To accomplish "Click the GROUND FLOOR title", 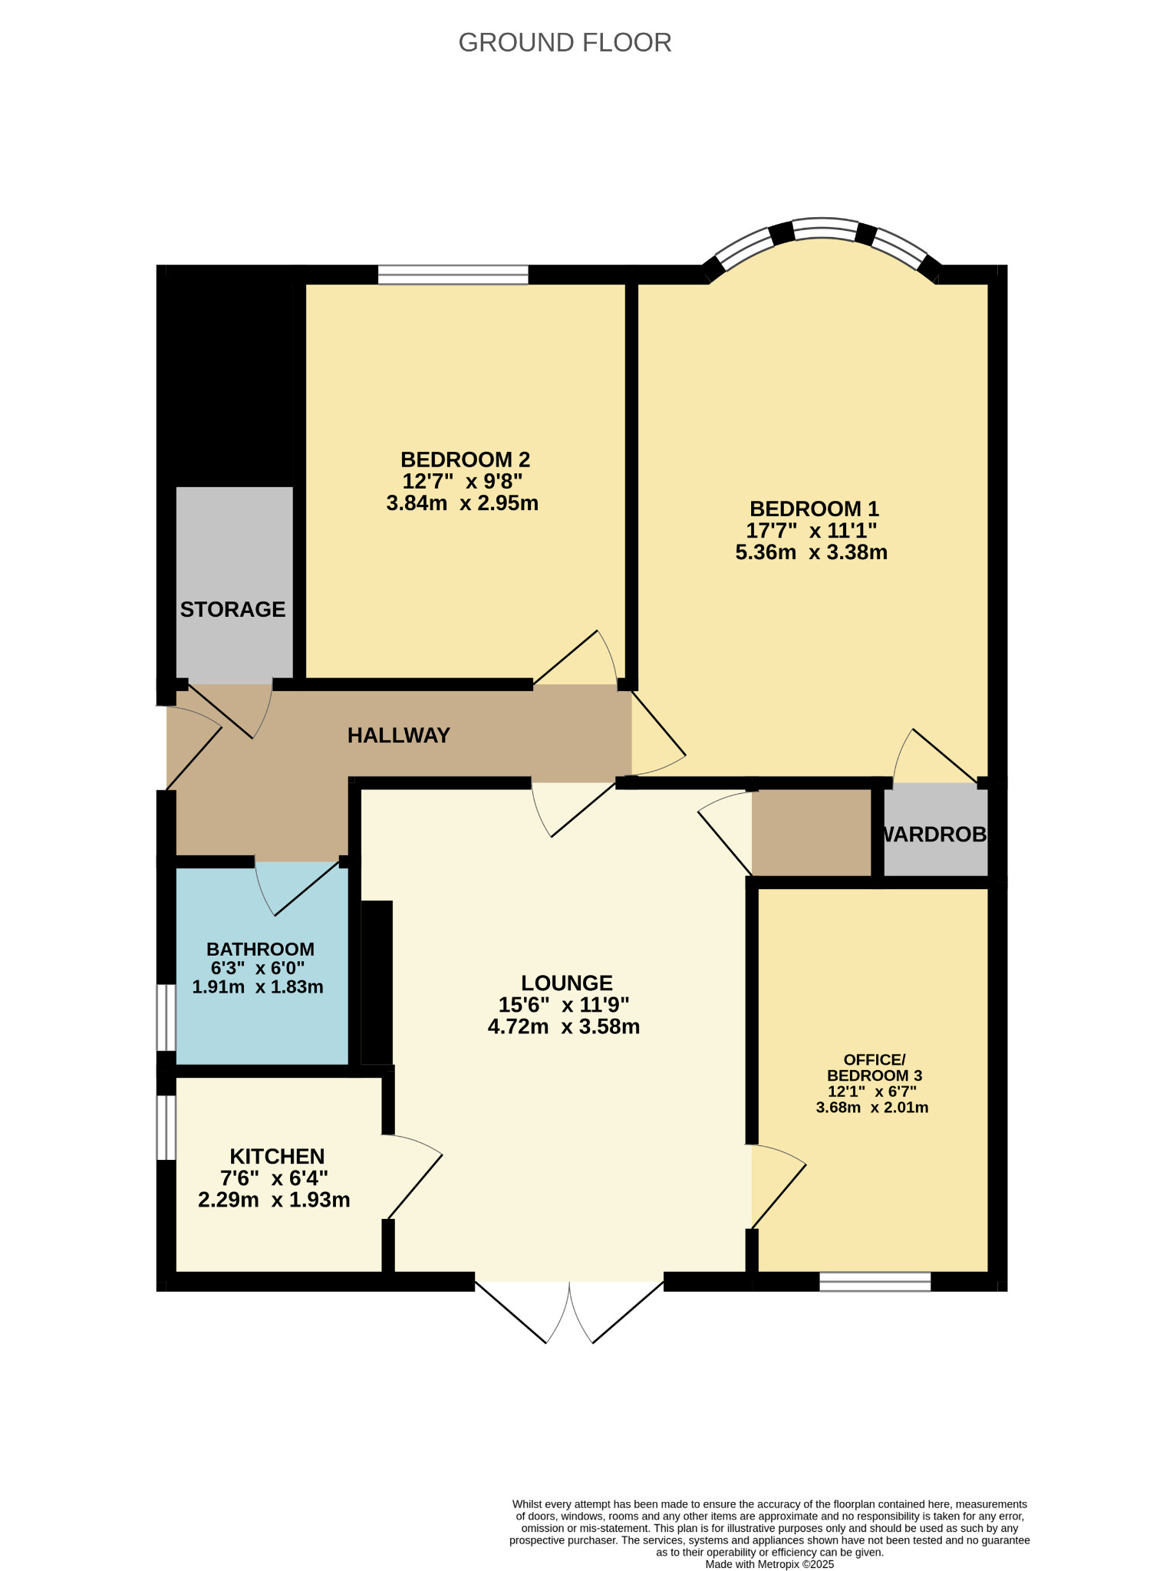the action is point(565,42).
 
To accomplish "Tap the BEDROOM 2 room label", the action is point(465,459).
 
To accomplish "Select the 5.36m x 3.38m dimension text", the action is point(811,552).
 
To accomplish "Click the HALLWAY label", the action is point(398,736).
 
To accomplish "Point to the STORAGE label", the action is point(232,609).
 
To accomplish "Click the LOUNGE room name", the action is point(566,983).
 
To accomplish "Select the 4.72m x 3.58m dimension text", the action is point(564,1027).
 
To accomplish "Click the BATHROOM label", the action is point(260,950).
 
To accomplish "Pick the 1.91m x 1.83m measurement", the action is point(257,987).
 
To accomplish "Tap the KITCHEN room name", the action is point(277,1157).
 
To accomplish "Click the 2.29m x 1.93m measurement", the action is point(274,1200).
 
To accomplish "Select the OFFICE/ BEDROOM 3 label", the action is point(875,1068).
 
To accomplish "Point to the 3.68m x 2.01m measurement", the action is point(872,1108).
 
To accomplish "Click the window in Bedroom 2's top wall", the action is point(453,275).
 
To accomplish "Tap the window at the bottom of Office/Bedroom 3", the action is point(875,1281).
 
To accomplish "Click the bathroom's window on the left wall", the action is point(166,1017).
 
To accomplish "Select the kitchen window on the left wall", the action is point(166,1128).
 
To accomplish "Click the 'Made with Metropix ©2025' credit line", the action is point(769,1564).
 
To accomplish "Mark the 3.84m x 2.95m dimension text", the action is point(462,503).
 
